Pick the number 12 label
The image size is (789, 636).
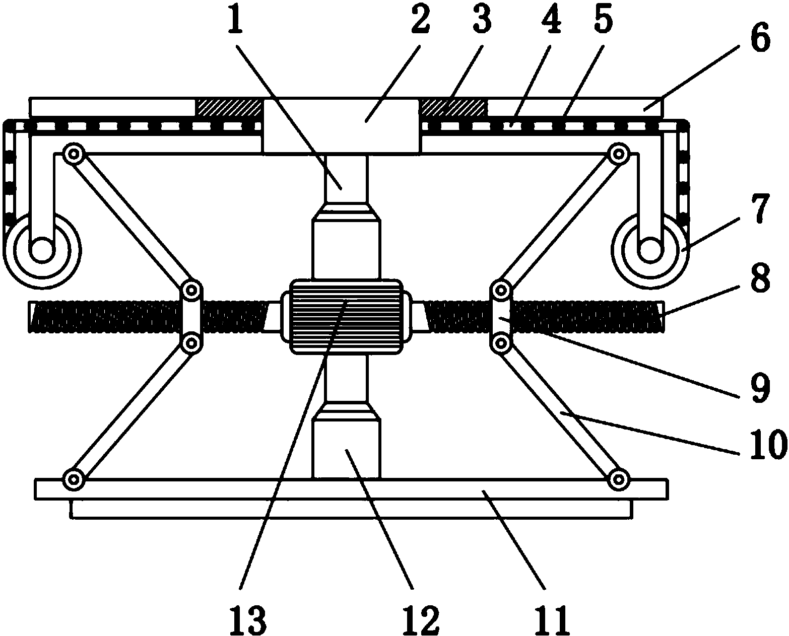(421, 619)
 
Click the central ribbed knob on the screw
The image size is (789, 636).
(345, 316)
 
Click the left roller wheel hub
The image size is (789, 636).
(42, 250)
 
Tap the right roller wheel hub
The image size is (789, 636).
(649, 250)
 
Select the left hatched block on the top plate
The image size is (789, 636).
(230, 107)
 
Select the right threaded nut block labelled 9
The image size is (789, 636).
(501, 316)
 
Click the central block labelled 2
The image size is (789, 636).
(341, 125)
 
